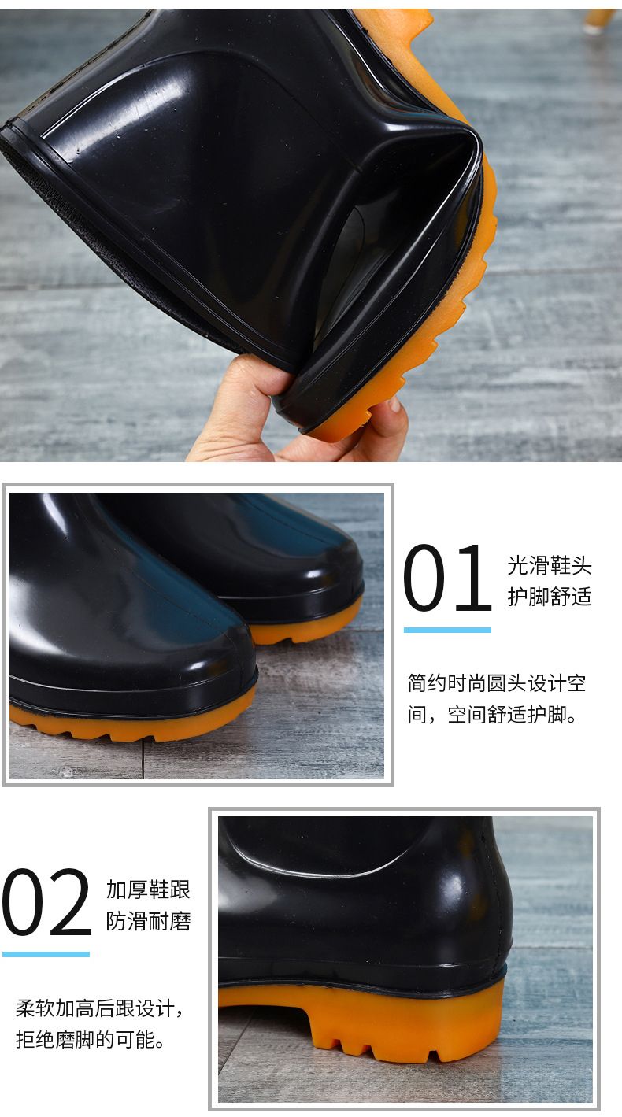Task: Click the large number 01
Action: click(447, 578)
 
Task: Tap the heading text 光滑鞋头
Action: click(550, 566)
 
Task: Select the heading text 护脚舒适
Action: click(550, 597)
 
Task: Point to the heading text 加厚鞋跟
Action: click(148, 890)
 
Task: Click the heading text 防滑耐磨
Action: click(148, 920)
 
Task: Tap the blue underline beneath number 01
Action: click(447, 630)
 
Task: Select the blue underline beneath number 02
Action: click(46, 954)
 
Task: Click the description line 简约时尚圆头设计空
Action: click(497, 683)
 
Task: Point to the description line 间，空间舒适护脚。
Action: click(492, 715)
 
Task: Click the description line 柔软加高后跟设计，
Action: click(100, 1008)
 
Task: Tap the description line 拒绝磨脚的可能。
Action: click(91, 1040)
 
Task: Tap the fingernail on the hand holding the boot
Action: click(394, 404)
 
